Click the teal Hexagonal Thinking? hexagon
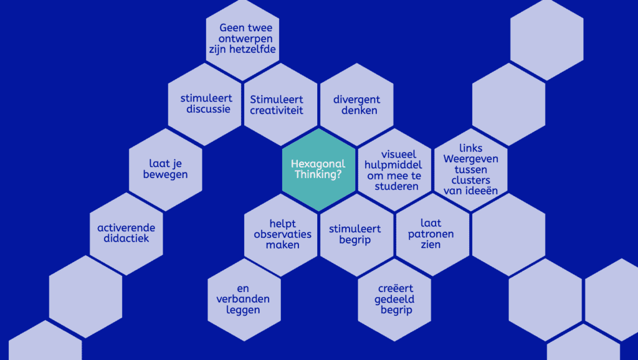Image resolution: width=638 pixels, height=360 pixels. pyautogui.click(x=318, y=169)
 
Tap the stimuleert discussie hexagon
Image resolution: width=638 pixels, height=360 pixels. pyautogui.click(x=205, y=104)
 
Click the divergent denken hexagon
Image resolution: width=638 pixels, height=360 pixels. pyautogui.click(x=356, y=105)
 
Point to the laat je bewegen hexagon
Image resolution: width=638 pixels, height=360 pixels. pyautogui.click(x=167, y=169)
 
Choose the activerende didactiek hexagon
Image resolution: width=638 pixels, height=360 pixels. pyautogui.click(x=126, y=233)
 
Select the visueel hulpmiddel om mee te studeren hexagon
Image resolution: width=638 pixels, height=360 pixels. pyautogui.click(x=394, y=169)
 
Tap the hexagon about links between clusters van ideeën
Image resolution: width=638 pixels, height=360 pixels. pyautogui.click(x=470, y=169)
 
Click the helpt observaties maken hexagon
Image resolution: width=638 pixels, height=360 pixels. pyautogui.click(x=282, y=234)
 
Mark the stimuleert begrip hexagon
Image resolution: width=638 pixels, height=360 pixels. pyautogui.click(x=356, y=234)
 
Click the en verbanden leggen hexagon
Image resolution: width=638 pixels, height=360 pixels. pyautogui.click(x=244, y=299)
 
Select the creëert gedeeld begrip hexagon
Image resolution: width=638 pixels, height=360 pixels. pyautogui.click(x=395, y=299)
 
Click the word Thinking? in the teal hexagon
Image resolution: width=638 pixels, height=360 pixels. pyautogui.click(x=318, y=174)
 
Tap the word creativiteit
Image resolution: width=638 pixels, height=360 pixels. pyautogui.click(x=277, y=110)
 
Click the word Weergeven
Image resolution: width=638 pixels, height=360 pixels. pyautogui.click(x=470, y=159)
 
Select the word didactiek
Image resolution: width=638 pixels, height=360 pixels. pyautogui.click(x=126, y=239)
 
